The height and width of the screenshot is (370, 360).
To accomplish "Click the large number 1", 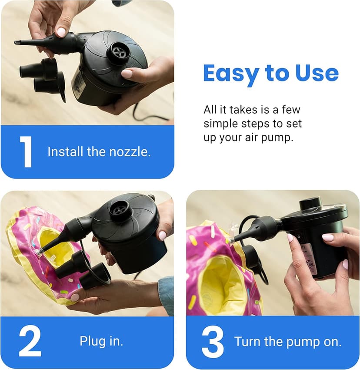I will [26, 152].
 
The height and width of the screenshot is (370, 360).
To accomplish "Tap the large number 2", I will [30, 341].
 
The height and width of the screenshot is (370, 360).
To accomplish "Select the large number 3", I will [213, 341].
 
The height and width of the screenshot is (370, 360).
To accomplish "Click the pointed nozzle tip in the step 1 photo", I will [18, 42].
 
